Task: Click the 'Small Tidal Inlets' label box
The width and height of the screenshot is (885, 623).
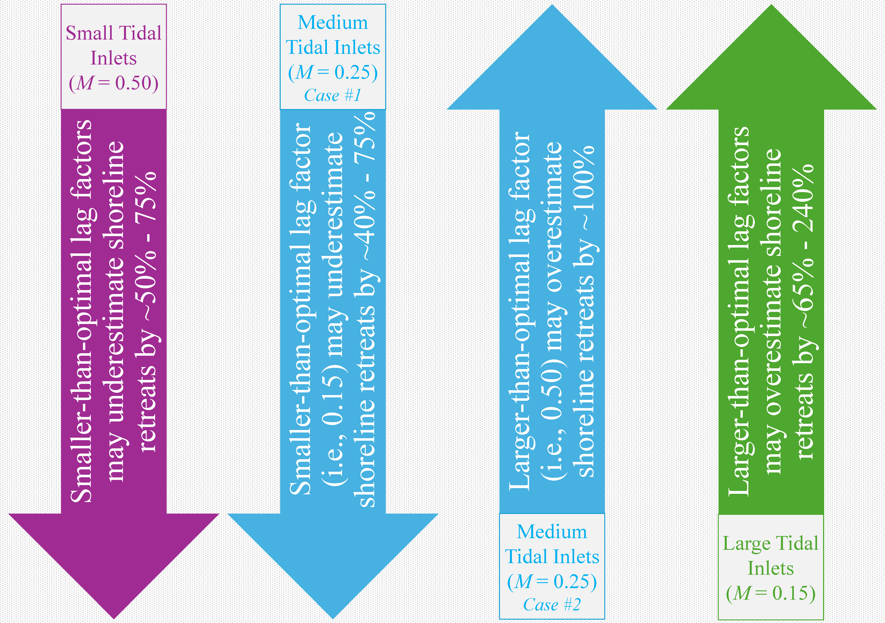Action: [114, 57]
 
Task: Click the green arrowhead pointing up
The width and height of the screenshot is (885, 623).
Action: [771, 57]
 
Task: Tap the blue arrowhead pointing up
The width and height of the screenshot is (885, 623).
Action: [552, 57]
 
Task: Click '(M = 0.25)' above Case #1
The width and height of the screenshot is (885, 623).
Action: [333, 72]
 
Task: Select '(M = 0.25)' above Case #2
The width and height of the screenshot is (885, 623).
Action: [552, 581]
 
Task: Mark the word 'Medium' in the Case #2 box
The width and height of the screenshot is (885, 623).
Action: [552, 532]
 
